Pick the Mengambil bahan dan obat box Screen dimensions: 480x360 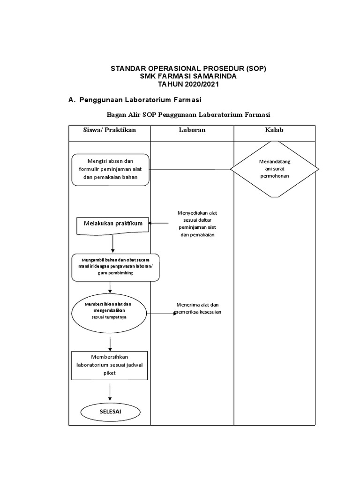click(115, 267)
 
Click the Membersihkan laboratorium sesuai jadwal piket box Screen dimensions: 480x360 click(109, 365)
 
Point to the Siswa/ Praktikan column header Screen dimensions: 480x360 click(109, 130)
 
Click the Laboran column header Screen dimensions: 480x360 click(192, 130)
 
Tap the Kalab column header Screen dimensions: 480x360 click(274, 130)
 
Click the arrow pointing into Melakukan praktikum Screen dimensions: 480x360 click(159, 224)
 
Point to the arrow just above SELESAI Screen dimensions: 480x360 click(110, 392)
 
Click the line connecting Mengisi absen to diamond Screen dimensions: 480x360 click(190, 169)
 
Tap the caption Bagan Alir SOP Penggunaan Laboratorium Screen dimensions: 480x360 click(189, 114)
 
